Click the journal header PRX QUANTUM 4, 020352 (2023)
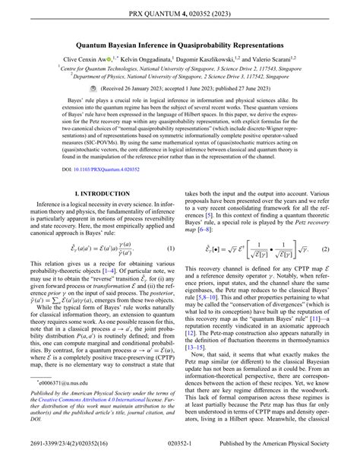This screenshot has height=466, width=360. (180, 13)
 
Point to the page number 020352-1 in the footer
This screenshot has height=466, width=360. (180, 455)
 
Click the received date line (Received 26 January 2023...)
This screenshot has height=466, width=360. (180, 88)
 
